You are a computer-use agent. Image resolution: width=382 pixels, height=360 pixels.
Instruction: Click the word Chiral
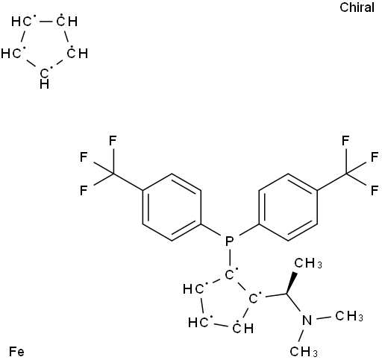click(x=357, y=7)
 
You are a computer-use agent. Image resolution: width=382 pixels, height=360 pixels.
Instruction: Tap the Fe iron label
click(x=16, y=352)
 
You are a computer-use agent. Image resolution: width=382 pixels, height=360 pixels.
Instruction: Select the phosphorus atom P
click(x=229, y=241)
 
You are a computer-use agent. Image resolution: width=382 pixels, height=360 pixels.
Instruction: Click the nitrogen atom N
click(x=307, y=320)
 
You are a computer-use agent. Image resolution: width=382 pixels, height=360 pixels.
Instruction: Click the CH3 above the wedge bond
click(x=308, y=263)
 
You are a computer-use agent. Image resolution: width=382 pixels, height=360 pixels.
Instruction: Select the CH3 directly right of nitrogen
click(x=349, y=316)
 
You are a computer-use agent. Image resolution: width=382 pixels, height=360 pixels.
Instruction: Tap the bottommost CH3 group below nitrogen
click(x=304, y=352)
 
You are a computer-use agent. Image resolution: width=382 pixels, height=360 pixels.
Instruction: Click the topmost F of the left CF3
click(x=113, y=141)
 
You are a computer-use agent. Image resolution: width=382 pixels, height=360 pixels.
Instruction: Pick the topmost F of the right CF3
click(x=345, y=141)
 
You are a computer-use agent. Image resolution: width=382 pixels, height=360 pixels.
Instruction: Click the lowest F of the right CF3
click(x=375, y=191)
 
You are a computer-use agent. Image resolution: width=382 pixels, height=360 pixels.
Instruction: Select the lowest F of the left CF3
click(x=84, y=191)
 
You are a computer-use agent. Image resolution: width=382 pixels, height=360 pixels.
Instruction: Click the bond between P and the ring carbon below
click(x=229, y=257)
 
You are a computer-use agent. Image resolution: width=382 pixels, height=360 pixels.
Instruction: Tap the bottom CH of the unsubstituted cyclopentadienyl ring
click(x=45, y=78)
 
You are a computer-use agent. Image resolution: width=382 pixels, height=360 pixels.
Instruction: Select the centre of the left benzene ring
click(x=172, y=207)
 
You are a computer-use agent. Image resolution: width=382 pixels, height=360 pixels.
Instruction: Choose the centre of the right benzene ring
click(x=288, y=207)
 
